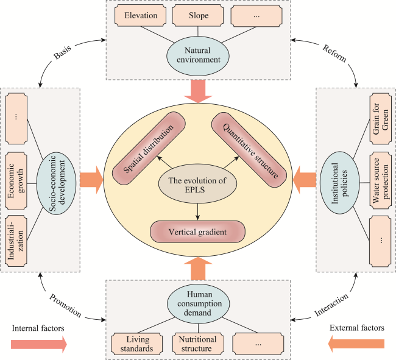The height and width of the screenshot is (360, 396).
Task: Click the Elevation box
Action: click(140, 15)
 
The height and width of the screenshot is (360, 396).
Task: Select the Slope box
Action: click(198, 15)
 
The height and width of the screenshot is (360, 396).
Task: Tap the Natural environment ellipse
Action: click(198, 55)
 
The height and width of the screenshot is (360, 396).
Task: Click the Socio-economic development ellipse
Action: click(56, 183)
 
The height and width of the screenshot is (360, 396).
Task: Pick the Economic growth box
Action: click(16, 181)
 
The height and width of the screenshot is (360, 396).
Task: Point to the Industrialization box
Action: click(16, 241)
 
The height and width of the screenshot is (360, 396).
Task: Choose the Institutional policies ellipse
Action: click(340, 183)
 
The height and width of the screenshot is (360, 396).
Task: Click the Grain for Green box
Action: click(381, 119)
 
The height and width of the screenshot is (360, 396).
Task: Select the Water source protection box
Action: click(381, 180)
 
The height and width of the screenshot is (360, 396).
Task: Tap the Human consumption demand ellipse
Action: click(199, 304)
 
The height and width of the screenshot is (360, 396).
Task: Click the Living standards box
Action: click(136, 344)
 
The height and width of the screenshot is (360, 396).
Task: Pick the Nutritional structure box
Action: click(198, 344)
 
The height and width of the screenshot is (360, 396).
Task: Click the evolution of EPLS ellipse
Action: click(197, 185)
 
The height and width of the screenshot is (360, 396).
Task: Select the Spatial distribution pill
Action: click(149, 148)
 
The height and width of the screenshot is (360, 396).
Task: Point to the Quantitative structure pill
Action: click(249, 149)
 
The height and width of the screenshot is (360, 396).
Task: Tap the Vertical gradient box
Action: click(198, 231)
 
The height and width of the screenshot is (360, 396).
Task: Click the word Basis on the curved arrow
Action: click(62, 52)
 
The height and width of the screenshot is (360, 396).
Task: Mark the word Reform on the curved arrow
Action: click(334, 53)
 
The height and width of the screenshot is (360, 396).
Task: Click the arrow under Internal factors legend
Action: click(39, 344)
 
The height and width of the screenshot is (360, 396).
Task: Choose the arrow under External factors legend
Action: click(356, 344)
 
